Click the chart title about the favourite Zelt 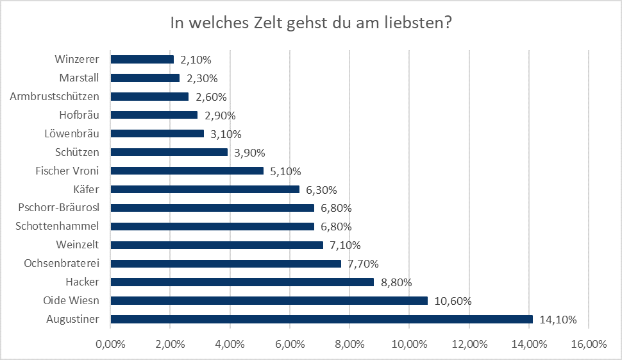[311, 24]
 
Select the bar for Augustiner [321, 319]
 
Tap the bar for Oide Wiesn [269, 300]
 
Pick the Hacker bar [242, 282]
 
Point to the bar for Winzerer [142, 60]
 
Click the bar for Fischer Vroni [187, 171]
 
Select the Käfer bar [205, 189]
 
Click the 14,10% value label [557, 320]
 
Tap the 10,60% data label [453, 301]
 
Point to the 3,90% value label [248, 153]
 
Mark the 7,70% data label [363, 264]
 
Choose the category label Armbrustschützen [55, 97]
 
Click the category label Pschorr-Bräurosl [59, 208]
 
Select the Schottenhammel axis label [57, 227]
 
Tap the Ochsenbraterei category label [62, 264]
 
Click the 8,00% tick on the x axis [349, 345]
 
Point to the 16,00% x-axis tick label [587, 345]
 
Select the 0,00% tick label [110, 345]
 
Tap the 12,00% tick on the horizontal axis [469, 345]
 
